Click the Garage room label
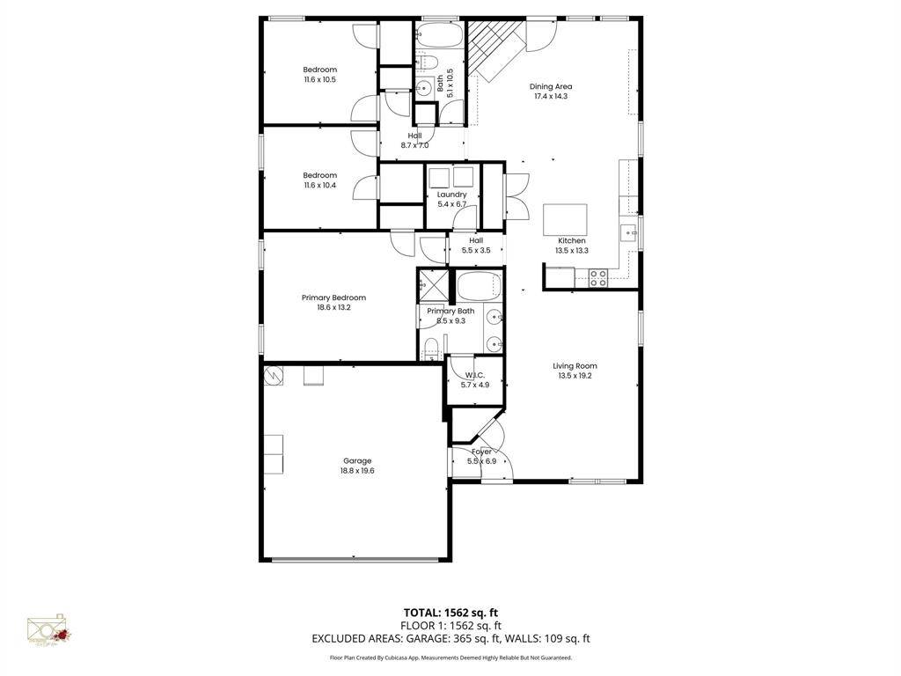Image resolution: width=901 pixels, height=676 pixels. (x=356, y=460)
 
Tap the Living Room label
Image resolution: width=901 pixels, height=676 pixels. (x=575, y=365)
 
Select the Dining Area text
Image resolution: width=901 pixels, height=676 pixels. (x=551, y=86)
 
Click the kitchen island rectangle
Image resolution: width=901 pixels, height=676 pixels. (x=565, y=217)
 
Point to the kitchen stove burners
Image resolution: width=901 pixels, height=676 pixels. (x=597, y=278)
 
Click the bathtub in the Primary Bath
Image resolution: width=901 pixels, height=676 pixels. (x=479, y=286)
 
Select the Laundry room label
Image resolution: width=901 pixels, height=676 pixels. (x=451, y=195)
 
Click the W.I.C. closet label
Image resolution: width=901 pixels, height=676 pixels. (x=475, y=375)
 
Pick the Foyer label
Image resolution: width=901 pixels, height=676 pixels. (x=481, y=452)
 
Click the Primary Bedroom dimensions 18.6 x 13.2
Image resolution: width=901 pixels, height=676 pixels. (x=333, y=307)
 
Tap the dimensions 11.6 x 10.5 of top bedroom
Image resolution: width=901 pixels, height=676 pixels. (x=319, y=79)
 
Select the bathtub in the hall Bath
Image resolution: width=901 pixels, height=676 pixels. (x=437, y=36)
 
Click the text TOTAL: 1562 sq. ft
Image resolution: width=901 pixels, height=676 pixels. (x=450, y=613)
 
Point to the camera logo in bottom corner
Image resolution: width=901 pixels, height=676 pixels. (x=48, y=630)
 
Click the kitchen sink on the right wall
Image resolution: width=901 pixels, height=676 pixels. (x=629, y=231)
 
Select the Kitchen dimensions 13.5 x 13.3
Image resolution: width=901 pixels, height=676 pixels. (x=571, y=250)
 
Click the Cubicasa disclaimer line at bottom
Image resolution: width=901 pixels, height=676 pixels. (x=450, y=658)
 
